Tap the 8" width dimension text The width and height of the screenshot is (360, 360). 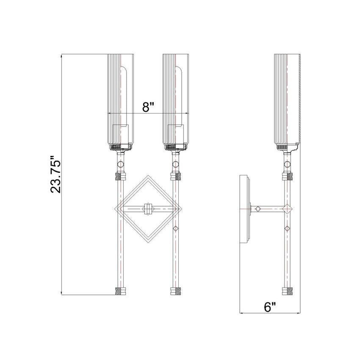click(x=147, y=107)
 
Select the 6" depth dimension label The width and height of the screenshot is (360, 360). click(x=270, y=307)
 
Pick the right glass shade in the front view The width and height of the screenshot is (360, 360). click(x=177, y=100)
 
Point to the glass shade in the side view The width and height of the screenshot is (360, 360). click(x=288, y=100)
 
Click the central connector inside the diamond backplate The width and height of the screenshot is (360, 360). click(x=148, y=208)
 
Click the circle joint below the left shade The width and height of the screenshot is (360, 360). click(x=121, y=164)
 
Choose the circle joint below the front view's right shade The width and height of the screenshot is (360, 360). click(x=175, y=164)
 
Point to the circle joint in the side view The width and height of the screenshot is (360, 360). click(x=288, y=164)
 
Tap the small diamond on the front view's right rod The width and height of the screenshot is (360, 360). click(x=176, y=229)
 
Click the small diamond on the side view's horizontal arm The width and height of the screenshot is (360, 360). click(x=258, y=208)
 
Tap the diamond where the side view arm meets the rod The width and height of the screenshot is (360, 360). click(x=288, y=208)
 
